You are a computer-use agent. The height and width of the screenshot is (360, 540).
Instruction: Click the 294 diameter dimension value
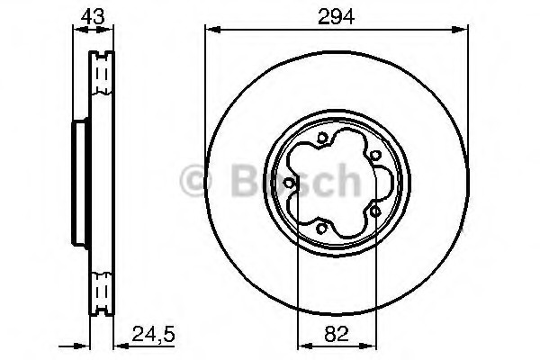click(336, 17)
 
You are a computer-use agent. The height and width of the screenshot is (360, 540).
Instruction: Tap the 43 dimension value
click(93, 16)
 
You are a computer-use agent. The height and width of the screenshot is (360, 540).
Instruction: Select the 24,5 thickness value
click(154, 334)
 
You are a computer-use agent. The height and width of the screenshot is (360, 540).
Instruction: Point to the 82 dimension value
click(337, 334)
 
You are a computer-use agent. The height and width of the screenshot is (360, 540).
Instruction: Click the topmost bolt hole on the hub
click(321, 139)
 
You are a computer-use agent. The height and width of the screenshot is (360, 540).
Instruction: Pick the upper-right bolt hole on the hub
click(375, 156)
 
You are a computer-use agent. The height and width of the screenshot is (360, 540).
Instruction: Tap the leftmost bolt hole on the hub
click(289, 183)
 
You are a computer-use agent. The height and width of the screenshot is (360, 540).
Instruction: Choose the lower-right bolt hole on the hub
click(375, 211)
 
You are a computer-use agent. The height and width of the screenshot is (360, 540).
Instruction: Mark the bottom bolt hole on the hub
click(321, 228)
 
